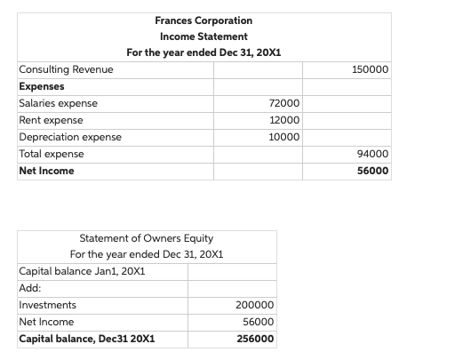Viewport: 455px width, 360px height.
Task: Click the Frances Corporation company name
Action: pyautogui.click(x=204, y=20)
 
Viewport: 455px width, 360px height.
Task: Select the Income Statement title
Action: pyautogui.click(x=204, y=36)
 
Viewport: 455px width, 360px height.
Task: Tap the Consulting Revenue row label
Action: pyautogui.click(x=66, y=69)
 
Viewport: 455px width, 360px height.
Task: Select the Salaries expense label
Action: pyautogui.click(x=59, y=103)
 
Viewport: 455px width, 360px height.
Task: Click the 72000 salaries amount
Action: pyautogui.click(x=283, y=104)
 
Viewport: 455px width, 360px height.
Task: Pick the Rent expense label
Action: pyautogui.click(x=52, y=120)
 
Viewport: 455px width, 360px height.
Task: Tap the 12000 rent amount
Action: pyautogui.click(x=283, y=121)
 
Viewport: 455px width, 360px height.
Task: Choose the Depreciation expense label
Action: pyautogui.click(x=70, y=137)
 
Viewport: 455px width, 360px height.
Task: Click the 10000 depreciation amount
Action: pyautogui.click(x=283, y=138)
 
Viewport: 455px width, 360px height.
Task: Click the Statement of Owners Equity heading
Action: pyautogui.click(x=147, y=238)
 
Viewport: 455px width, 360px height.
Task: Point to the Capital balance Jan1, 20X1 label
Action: pyautogui.click(x=83, y=271)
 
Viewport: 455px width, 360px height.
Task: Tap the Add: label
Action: pyautogui.click(x=30, y=288)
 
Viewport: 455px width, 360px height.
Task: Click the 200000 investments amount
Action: pyautogui.click(x=255, y=306)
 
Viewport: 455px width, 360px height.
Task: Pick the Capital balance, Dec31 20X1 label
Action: pyautogui.click(x=87, y=340)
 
